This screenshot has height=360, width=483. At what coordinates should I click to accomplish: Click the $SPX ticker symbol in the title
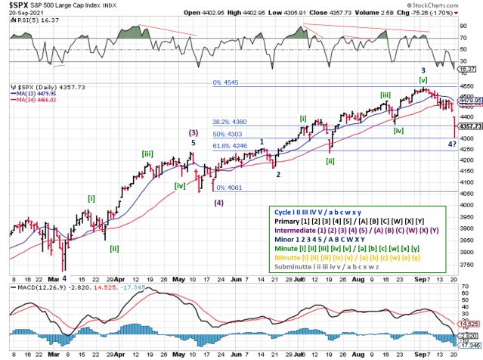(x=20, y=5)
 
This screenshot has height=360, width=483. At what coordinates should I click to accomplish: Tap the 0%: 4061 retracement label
(x=231, y=188)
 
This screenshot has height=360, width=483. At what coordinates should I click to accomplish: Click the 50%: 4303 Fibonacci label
(x=227, y=133)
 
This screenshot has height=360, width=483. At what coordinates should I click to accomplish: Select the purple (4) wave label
(x=218, y=203)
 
